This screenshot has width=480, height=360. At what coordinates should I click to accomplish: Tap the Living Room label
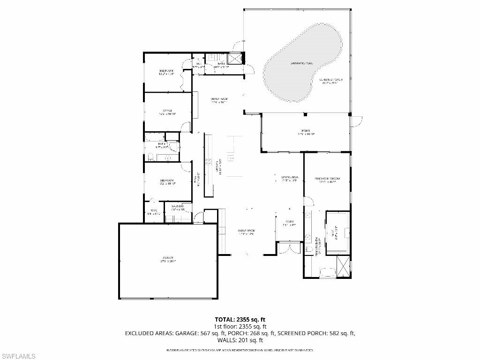coord(245,232)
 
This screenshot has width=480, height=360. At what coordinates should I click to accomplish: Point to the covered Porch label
coord(306,132)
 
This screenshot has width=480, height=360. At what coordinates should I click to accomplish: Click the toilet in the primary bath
coord(308,249)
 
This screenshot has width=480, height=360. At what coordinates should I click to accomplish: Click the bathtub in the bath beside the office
coord(154,137)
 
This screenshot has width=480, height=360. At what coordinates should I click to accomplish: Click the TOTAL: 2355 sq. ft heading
coord(240,320)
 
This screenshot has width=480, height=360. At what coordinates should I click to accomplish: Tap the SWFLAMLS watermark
coord(18,356)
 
